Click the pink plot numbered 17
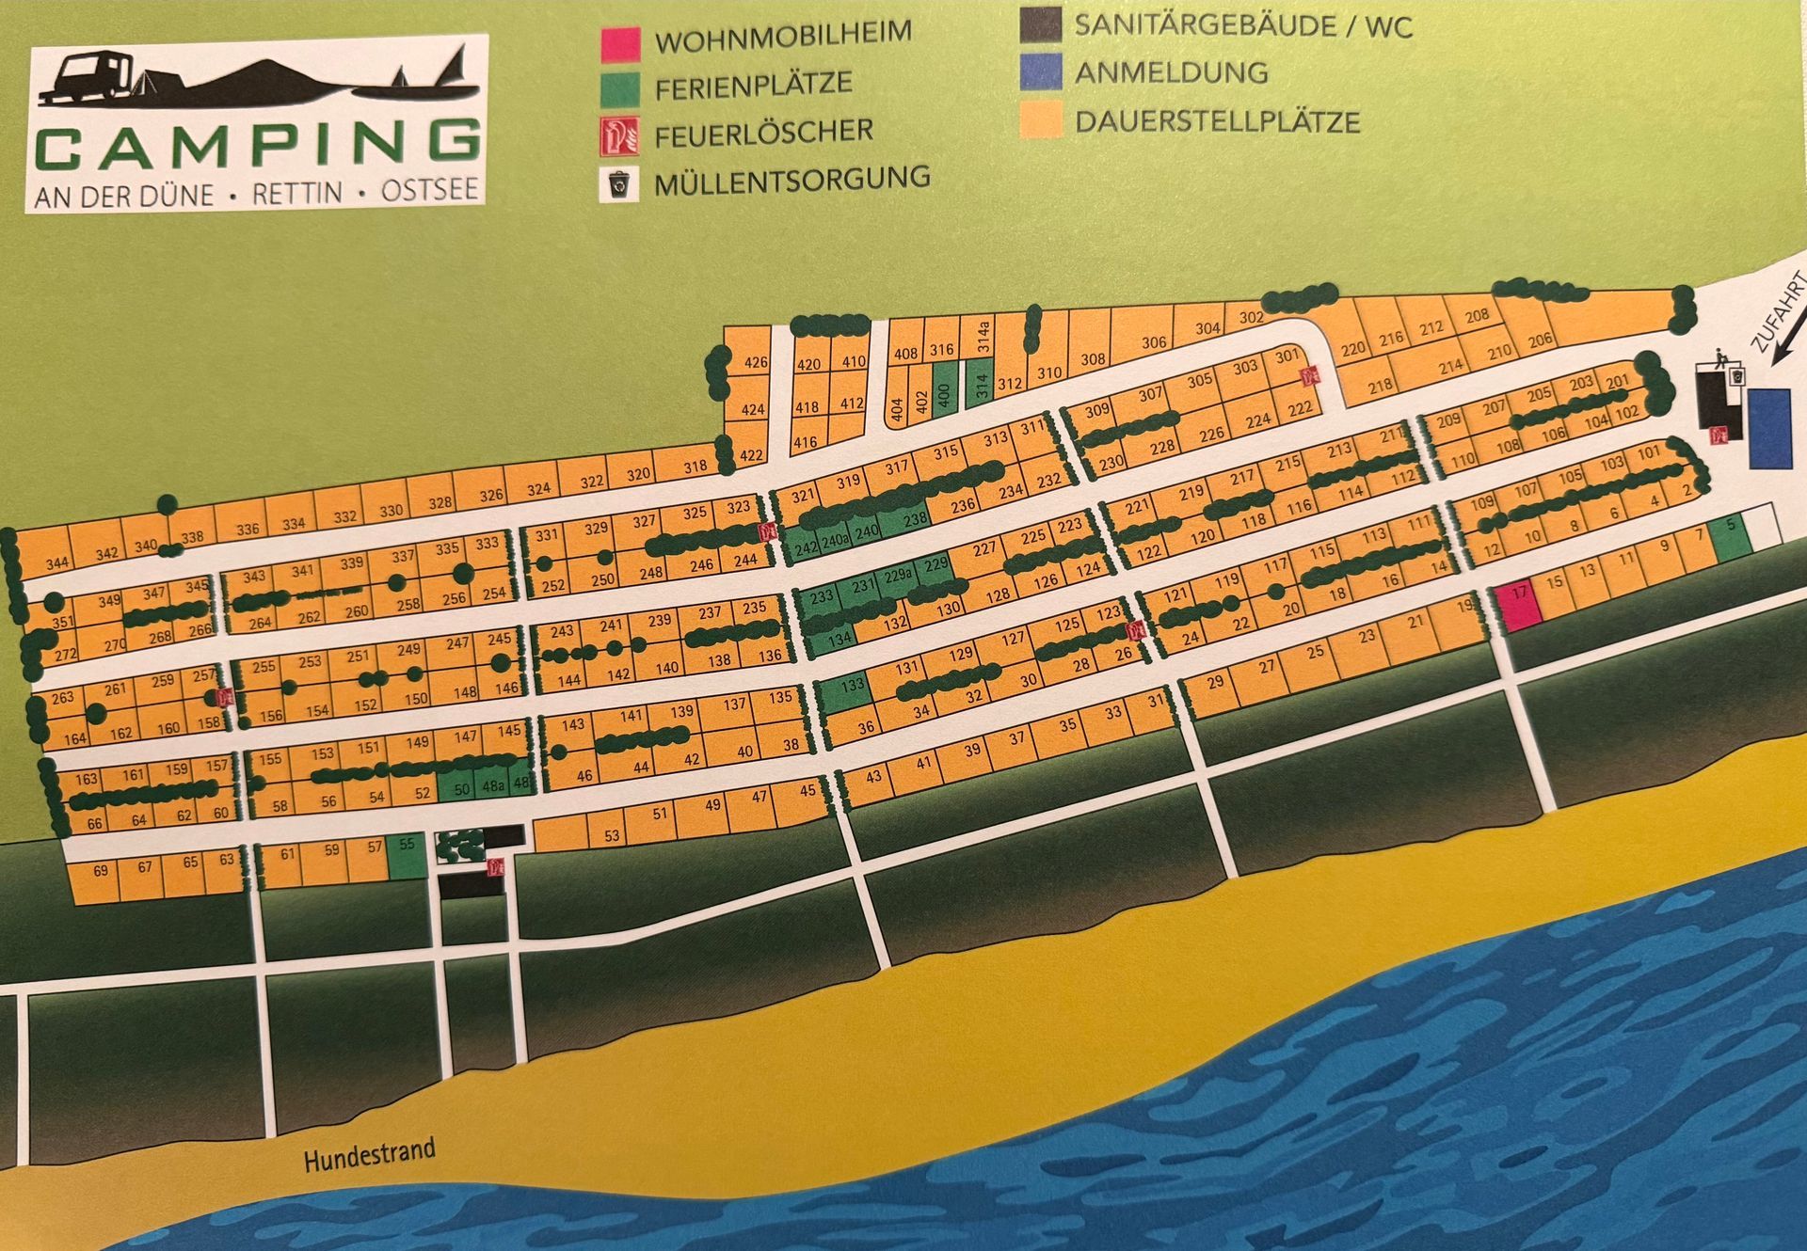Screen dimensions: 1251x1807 [1519, 606]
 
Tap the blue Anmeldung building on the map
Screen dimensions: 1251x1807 [1769, 428]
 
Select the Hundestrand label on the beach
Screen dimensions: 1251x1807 [369, 1154]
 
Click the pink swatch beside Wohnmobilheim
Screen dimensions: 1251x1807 [620, 43]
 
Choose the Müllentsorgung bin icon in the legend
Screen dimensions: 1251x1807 [619, 184]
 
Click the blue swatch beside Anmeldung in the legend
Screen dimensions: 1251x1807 [1040, 71]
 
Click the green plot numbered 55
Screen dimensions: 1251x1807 [407, 856]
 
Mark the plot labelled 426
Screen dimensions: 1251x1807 [755, 362]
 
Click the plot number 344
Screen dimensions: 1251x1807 [57, 562]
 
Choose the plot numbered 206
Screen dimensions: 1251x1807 [1540, 340]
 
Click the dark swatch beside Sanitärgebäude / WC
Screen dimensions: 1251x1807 [1040, 24]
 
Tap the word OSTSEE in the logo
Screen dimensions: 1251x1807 [429, 191]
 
